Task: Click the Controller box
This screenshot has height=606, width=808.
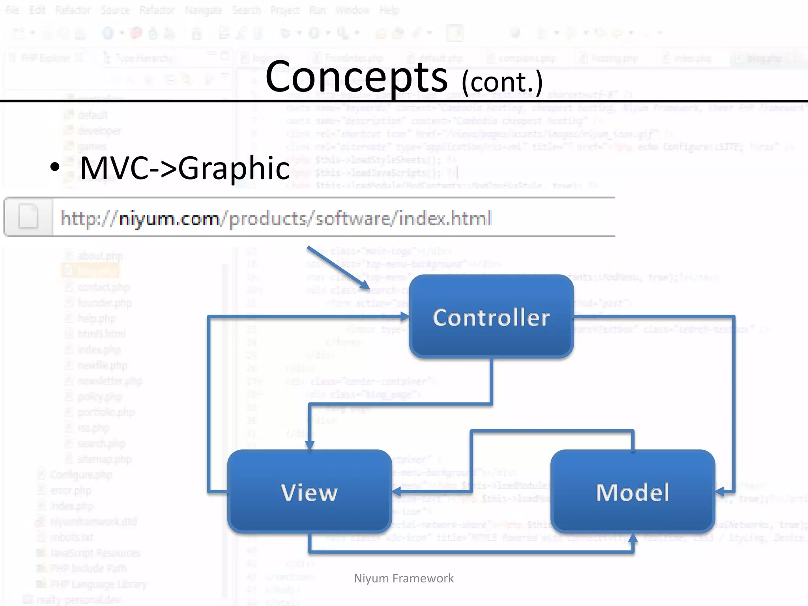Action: click(491, 317)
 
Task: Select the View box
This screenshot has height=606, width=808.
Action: click(309, 492)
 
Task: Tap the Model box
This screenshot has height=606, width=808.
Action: click(632, 492)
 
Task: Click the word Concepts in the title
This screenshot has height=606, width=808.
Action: click(356, 77)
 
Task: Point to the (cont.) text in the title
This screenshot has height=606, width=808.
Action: click(502, 82)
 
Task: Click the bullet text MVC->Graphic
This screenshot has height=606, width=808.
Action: click(185, 168)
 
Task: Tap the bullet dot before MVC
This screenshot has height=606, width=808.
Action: click(55, 167)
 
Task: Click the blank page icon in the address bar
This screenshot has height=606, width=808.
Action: click(28, 217)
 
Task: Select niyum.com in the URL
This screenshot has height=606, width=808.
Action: click(169, 218)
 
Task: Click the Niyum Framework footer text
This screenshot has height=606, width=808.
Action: click(404, 578)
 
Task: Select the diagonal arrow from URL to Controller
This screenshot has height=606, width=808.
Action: click(338, 268)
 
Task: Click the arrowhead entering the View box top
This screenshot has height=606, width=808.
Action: click(310, 445)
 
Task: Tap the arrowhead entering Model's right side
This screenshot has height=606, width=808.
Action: click(720, 492)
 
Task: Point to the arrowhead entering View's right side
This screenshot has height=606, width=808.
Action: click(397, 492)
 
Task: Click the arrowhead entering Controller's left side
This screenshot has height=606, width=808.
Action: click(405, 316)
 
